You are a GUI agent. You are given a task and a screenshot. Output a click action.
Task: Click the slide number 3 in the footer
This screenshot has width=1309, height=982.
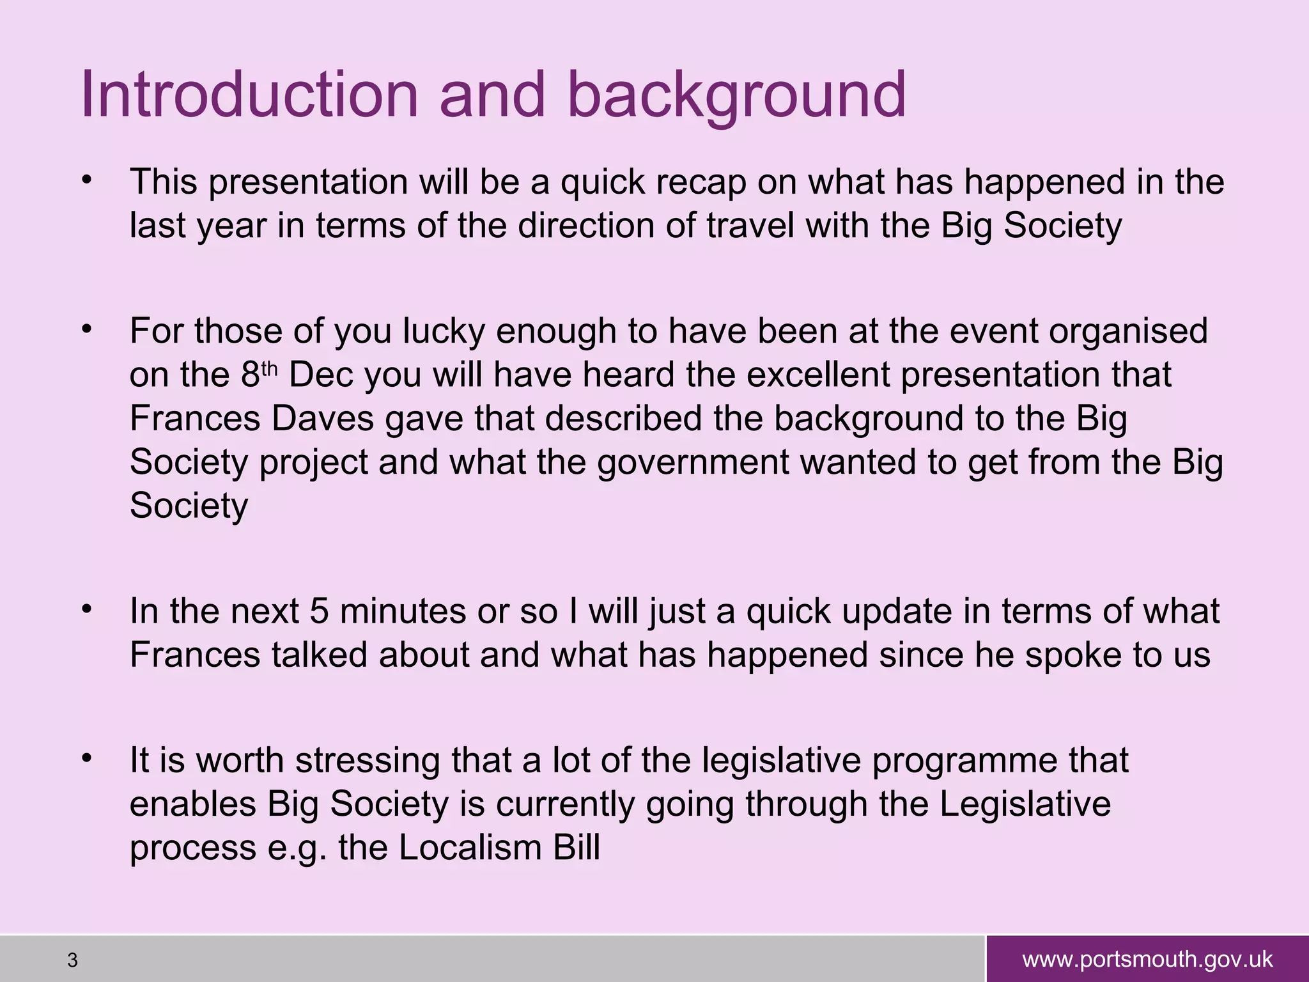(x=72, y=960)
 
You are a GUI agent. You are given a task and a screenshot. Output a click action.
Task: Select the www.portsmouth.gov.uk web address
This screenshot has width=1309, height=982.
(x=1147, y=960)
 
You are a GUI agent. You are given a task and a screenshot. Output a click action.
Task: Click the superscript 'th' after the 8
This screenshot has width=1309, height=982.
(x=270, y=370)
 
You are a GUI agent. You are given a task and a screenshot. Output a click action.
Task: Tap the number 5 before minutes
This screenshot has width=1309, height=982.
(x=319, y=612)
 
